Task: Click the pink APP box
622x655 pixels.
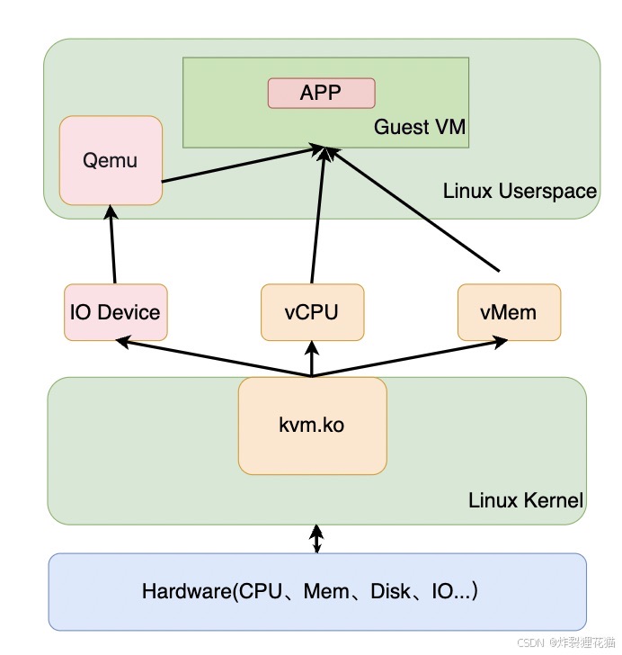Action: [321, 93]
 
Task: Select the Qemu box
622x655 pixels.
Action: [111, 160]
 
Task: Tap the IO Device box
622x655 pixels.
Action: [116, 312]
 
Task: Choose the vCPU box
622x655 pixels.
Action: [312, 312]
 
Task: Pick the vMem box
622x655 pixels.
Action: [509, 312]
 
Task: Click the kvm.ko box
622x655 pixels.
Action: [312, 425]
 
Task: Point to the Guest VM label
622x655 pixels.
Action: [420, 127]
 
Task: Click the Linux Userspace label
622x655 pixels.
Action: [520, 191]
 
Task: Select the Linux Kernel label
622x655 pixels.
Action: [526, 500]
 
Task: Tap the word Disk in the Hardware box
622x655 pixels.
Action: [388, 592]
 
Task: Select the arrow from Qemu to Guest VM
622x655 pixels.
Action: [243, 166]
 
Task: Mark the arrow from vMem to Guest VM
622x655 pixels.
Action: [413, 211]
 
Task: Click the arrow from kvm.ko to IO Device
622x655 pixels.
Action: [211, 358]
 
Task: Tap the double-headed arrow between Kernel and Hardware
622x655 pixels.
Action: [316, 539]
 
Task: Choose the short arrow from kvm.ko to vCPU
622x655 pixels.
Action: [311, 359]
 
